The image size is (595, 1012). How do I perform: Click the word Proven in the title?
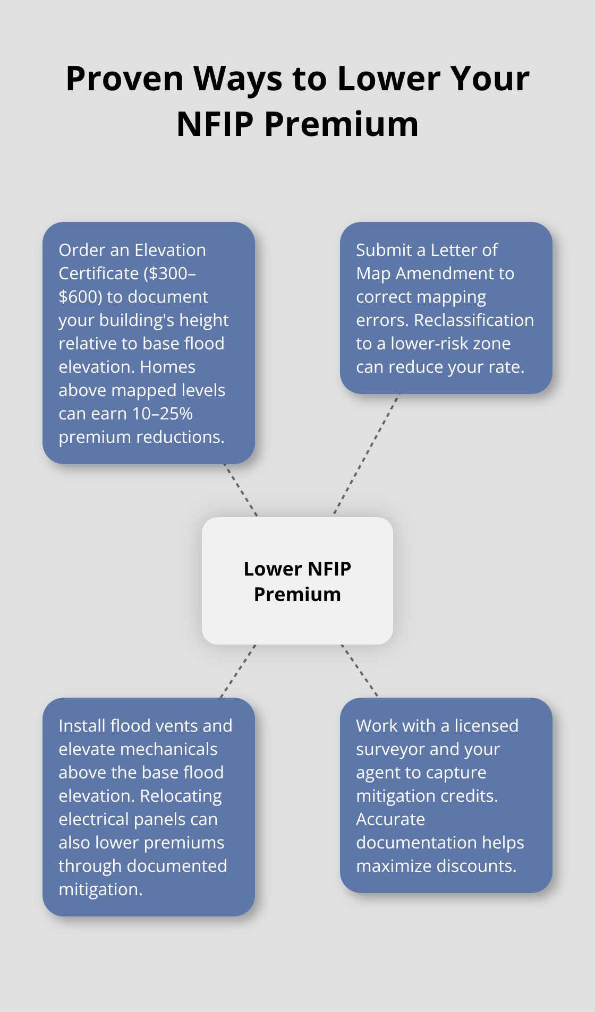[x=124, y=79]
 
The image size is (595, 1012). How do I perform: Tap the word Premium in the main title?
[x=341, y=124]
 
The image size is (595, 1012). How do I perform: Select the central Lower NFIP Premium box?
[x=297, y=581]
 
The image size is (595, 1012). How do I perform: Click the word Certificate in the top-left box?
[x=99, y=273]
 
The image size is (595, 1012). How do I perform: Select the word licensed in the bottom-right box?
[x=486, y=726]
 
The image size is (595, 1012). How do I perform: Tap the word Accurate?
[x=390, y=819]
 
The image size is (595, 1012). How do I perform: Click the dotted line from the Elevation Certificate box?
[x=241, y=490]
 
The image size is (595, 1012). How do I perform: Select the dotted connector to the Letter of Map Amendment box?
[x=366, y=454]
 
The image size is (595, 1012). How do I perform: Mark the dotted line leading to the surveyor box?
[x=360, y=671]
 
